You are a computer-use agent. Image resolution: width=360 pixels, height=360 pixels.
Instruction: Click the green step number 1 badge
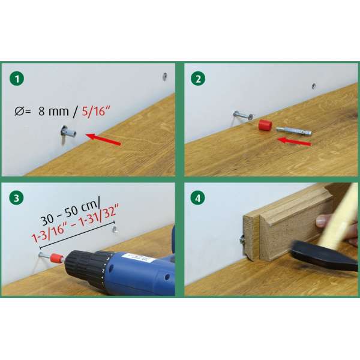coord(17,79)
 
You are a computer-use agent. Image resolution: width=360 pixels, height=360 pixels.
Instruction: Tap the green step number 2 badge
coord(198,79)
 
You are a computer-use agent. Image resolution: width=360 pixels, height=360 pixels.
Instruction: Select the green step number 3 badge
coord(17,197)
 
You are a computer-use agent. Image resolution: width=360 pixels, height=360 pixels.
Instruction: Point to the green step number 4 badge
coord(198,198)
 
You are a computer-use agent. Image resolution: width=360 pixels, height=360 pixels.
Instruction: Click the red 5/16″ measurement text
coord(96,112)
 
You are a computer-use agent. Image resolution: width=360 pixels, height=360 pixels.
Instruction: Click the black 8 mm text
coord(53,112)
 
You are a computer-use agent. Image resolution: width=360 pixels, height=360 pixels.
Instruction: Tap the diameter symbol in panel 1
coord(19,112)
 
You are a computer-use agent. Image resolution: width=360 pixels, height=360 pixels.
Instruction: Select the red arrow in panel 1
coord(103,139)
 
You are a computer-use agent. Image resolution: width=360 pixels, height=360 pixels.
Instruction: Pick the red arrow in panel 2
coord(295,141)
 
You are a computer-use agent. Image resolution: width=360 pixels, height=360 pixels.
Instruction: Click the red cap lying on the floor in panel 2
coord(265,125)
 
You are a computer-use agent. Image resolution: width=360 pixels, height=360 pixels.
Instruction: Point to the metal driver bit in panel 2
coord(293,131)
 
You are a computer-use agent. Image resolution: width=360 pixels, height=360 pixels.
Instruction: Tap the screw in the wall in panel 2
coord(243,115)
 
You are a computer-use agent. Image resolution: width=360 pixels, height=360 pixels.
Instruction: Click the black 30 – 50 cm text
coord(70,213)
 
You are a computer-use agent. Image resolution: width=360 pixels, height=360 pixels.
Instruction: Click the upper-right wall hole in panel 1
coord(164,76)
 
